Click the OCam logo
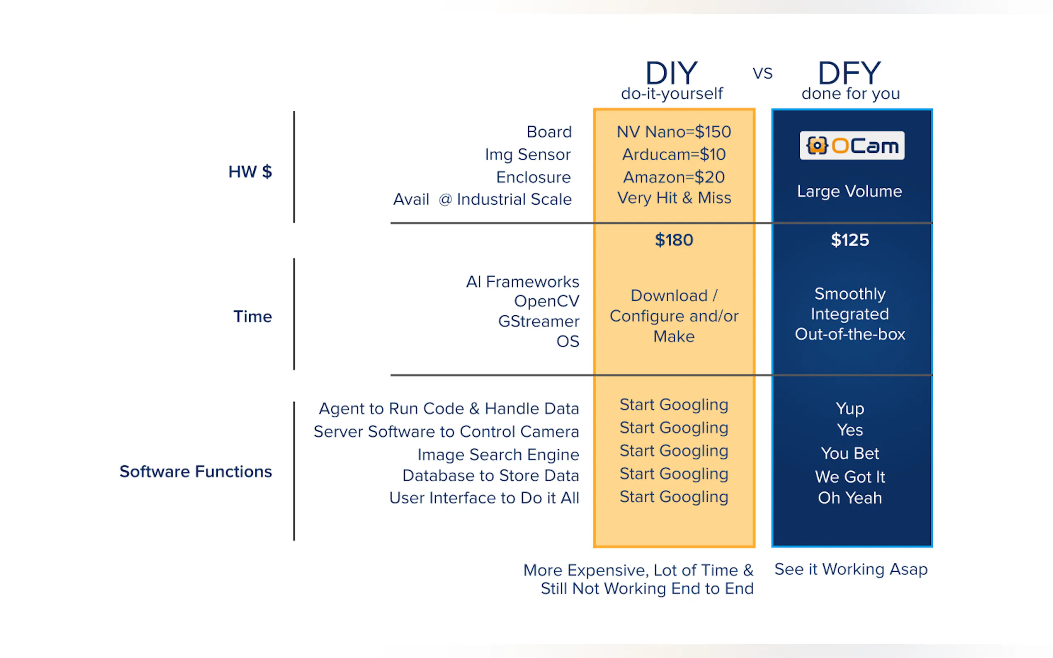pos(852,146)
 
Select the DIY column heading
pos(671,73)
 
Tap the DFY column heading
pos(849,73)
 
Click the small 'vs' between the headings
pos(762,73)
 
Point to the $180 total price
pos(674,240)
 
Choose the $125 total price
pos(850,240)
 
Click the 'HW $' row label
pos(250,172)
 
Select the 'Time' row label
pos(252,317)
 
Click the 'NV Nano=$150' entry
pos(674,132)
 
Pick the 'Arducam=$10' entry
pos(674,155)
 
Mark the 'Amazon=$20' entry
pos(674,177)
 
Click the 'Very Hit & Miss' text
pos(674,198)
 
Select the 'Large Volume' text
pos(849,191)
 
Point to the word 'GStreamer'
pos(539,321)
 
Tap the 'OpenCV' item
pos(546,301)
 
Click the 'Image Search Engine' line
pos(498,454)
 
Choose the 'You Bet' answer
pos(850,453)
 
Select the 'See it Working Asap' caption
pos(851,569)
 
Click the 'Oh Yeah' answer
pos(850,498)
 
